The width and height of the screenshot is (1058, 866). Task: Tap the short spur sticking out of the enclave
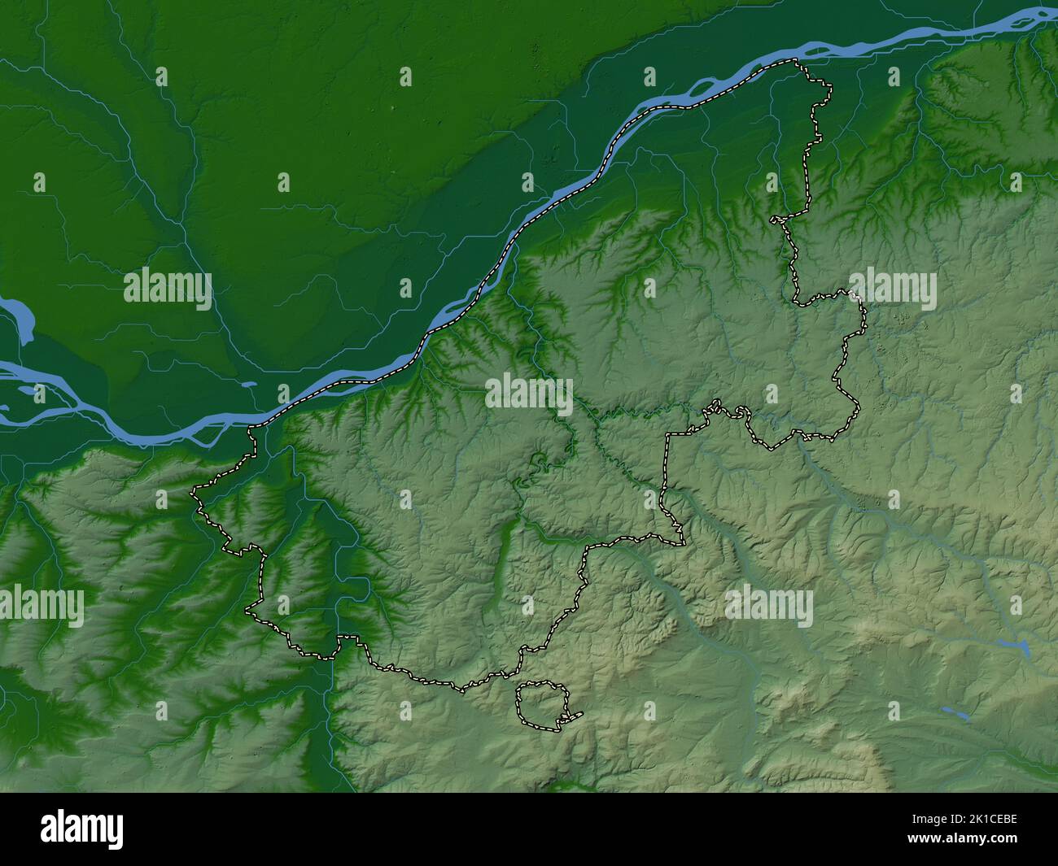(575, 716)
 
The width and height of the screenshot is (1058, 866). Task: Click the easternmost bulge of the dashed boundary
(864, 325)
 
